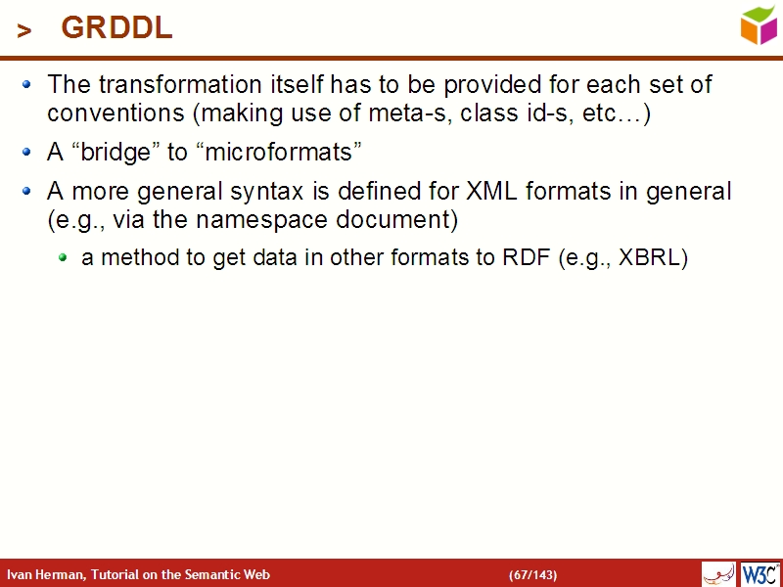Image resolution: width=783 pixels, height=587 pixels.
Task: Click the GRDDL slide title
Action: [x=116, y=29]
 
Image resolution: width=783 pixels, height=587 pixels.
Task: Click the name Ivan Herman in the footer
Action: [x=45, y=574]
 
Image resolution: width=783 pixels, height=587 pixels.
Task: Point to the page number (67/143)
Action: [x=532, y=574]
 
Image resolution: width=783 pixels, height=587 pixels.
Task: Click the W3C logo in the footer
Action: [x=760, y=573]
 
